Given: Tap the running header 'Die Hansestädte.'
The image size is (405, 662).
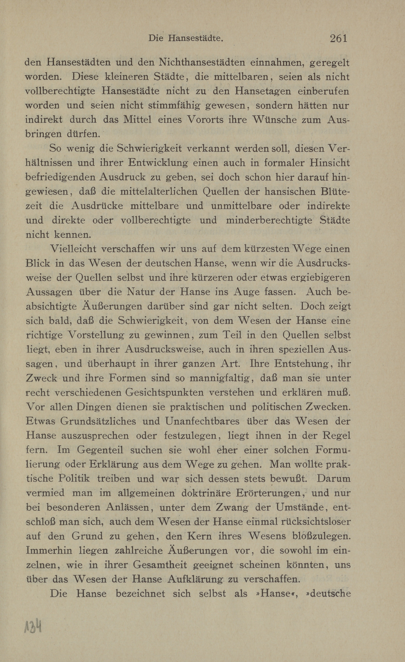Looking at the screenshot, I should pyautogui.click(x=186, y=39).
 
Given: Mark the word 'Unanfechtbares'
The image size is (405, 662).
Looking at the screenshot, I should pyautogui.click(x=202, y=421).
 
